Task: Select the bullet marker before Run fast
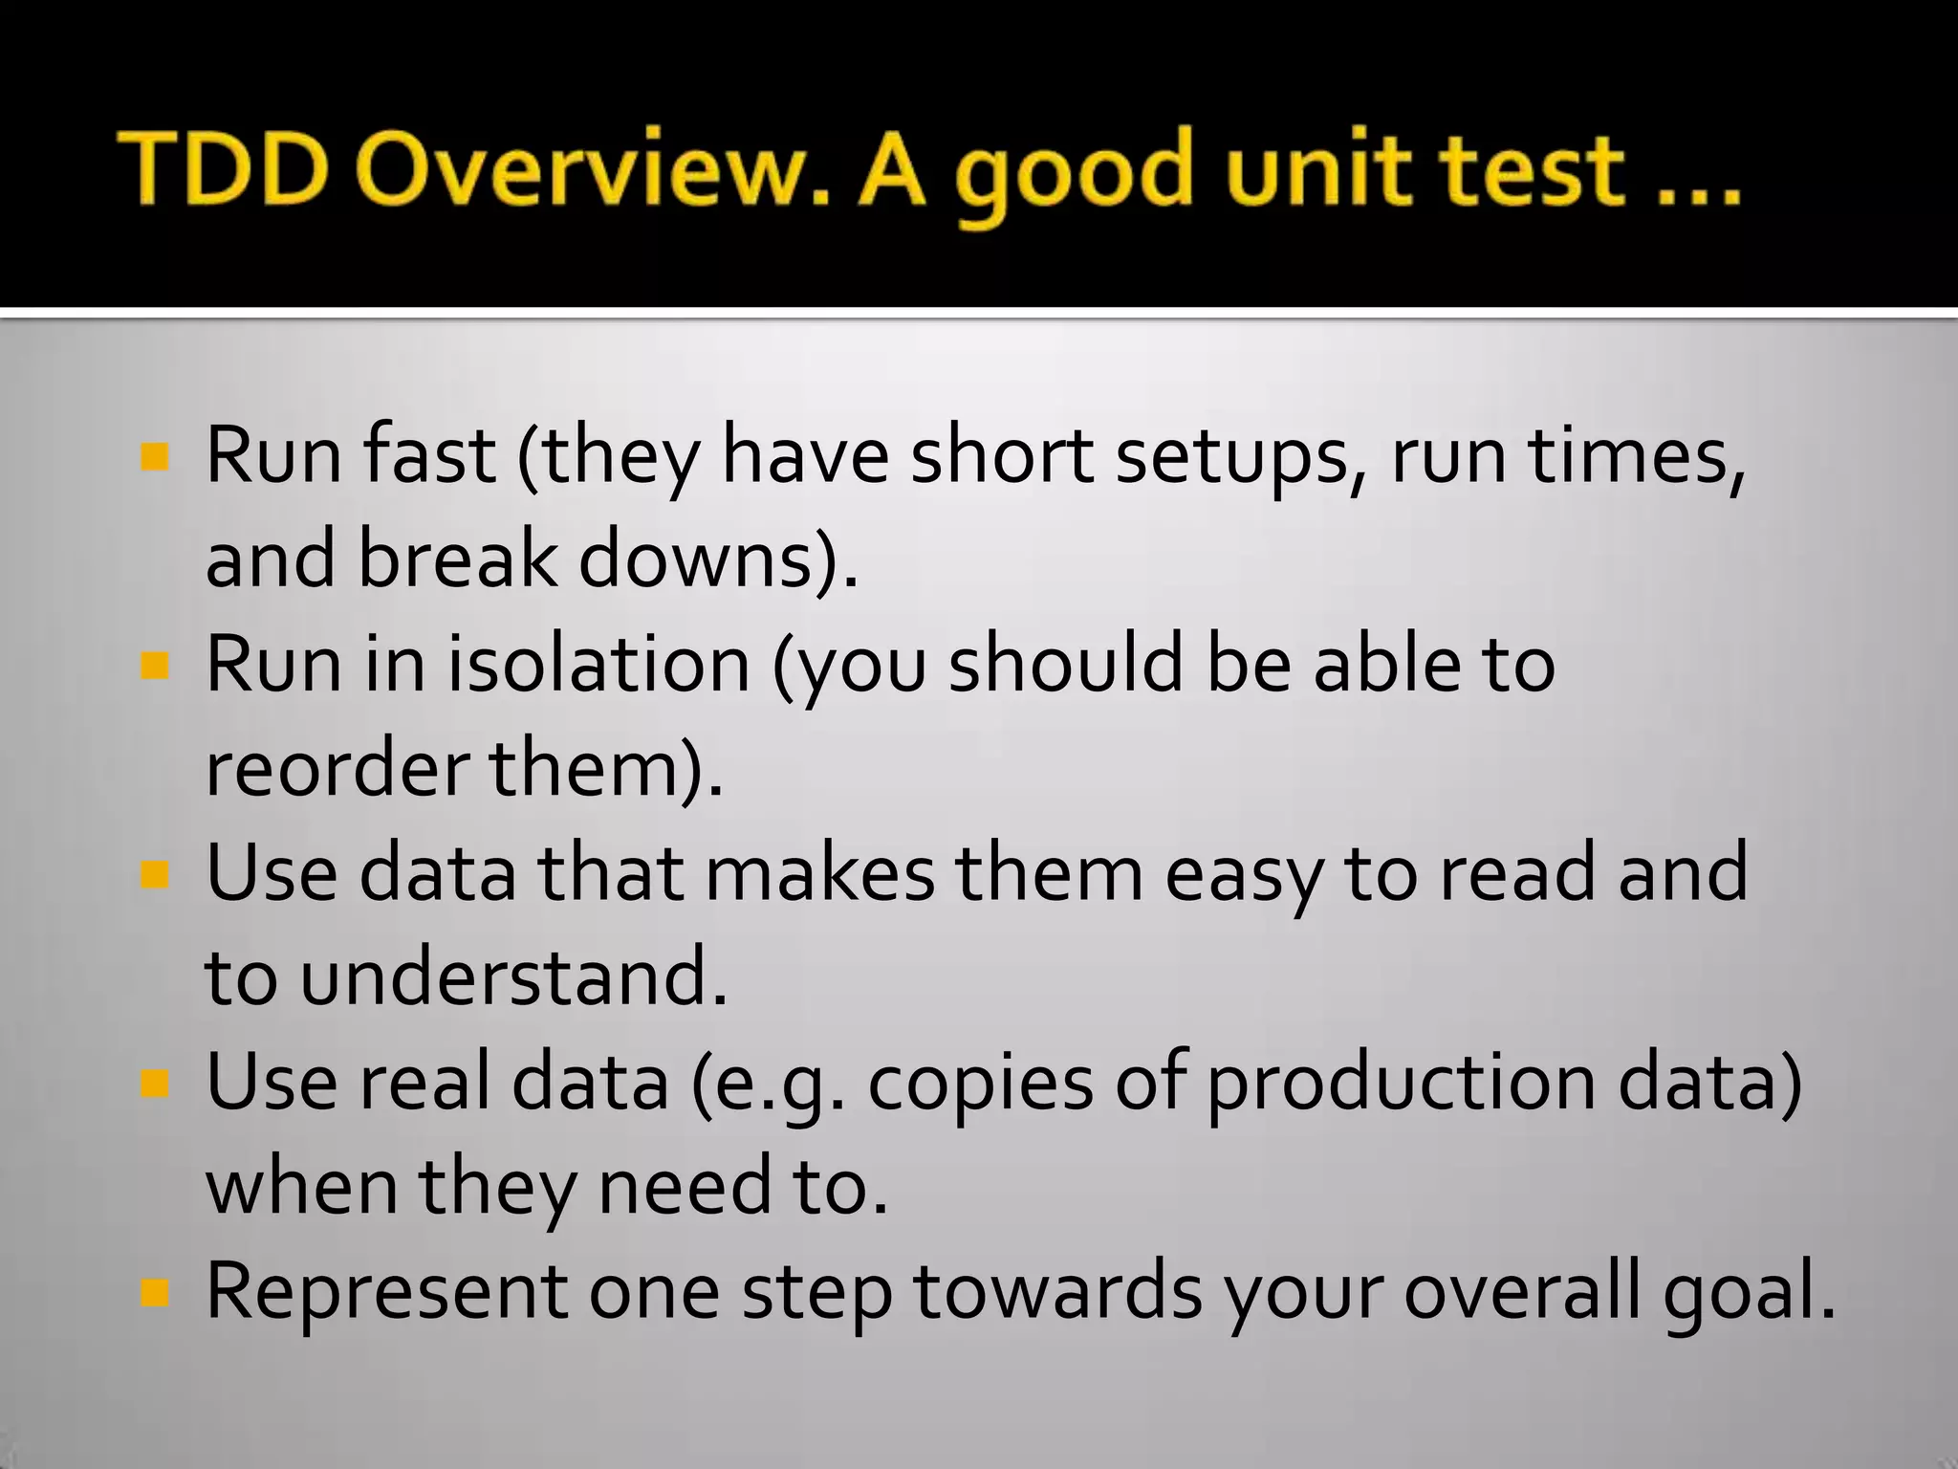154,456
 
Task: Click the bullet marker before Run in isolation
154,665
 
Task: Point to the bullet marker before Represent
154,1293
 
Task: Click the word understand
513,977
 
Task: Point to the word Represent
386,1291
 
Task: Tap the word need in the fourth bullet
683,1187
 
